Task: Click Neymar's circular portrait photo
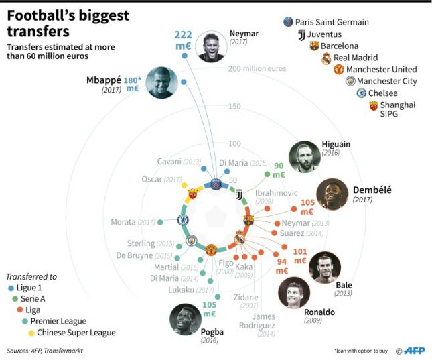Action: (210, 46)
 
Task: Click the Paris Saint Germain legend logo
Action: (288, 22)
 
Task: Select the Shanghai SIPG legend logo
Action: (374, 106)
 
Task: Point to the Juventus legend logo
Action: (301, 34)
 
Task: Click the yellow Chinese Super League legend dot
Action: (29, 333)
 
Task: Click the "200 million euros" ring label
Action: (257, 69)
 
